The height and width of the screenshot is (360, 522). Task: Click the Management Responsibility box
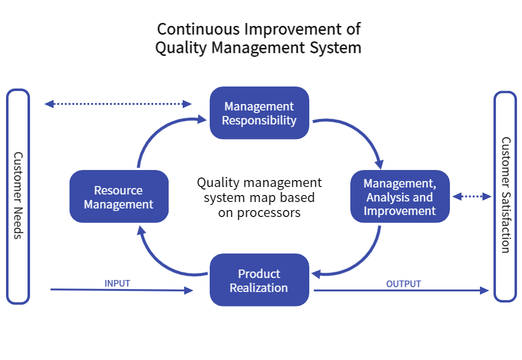pyautogui.click(x=259, y=113)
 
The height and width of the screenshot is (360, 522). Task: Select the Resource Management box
pyautogui.click(x=119, y=196)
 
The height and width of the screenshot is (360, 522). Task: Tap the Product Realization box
pyautogui.click(x=259, y=280)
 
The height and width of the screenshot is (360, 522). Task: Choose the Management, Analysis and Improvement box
pyautogui.click(x=400, y=196)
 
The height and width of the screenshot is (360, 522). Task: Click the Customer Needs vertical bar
pyautogui.click(x=18, y=196)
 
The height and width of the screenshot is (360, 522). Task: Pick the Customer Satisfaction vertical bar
pyautogui.click(x=505, y=196)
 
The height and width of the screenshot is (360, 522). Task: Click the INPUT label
pyautogui.click(x=117, y=283)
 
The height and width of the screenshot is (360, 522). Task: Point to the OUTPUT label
pyautogui.click(x=403, y=283)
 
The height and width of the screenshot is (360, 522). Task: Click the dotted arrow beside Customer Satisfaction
pyautogui.click(x=471, y=197)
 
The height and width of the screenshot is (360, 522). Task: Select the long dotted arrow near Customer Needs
pyautogui.click(x=118, y=104)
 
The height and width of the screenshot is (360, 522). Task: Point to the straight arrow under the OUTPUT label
pyautogui.click(x=400, y=290)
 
